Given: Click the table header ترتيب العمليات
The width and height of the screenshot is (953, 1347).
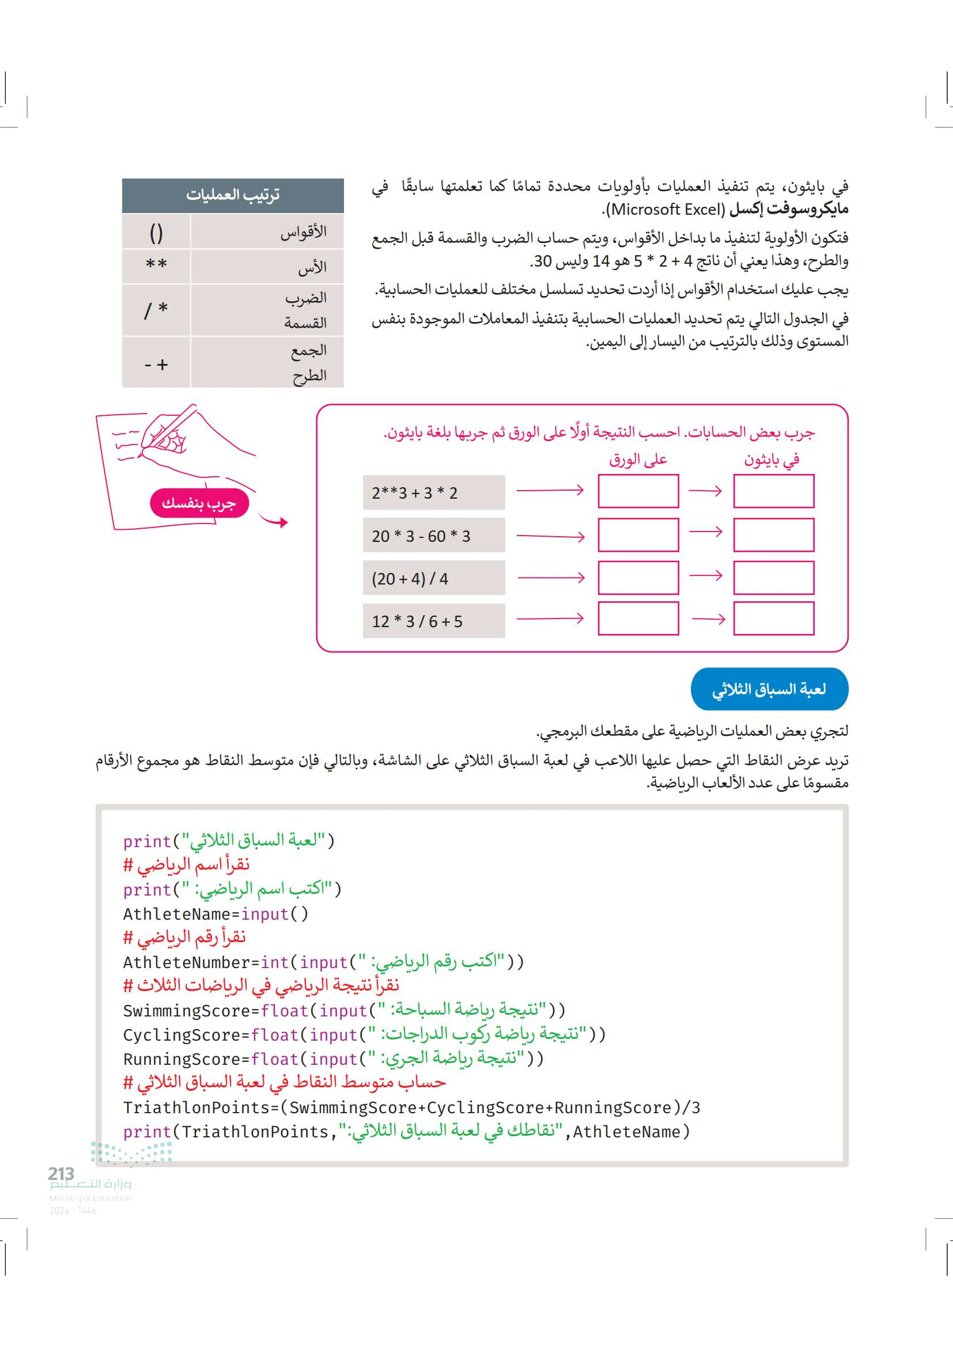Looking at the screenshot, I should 232,195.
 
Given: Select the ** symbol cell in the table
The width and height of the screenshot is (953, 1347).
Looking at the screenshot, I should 156,265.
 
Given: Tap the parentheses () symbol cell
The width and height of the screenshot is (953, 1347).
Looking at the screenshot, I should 156,232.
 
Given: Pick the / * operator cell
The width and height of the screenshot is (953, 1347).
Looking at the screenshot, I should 156,310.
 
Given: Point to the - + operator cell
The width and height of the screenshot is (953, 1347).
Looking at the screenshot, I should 156,365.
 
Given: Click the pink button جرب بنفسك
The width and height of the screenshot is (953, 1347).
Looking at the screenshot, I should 199,503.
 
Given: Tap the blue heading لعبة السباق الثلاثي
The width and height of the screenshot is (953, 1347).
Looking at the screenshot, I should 769,689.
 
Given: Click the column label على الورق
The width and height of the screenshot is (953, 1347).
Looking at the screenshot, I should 638,460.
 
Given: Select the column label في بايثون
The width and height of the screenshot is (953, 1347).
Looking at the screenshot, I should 772,460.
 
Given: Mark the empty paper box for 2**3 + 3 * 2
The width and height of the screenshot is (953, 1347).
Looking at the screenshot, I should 638,491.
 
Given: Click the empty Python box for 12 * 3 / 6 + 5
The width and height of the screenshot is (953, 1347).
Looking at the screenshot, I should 773,619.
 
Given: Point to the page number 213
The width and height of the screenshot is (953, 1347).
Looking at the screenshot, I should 61,1173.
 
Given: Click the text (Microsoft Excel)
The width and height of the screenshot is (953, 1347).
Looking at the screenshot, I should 667,210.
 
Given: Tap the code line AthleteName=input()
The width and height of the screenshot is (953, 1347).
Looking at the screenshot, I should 215,914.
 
